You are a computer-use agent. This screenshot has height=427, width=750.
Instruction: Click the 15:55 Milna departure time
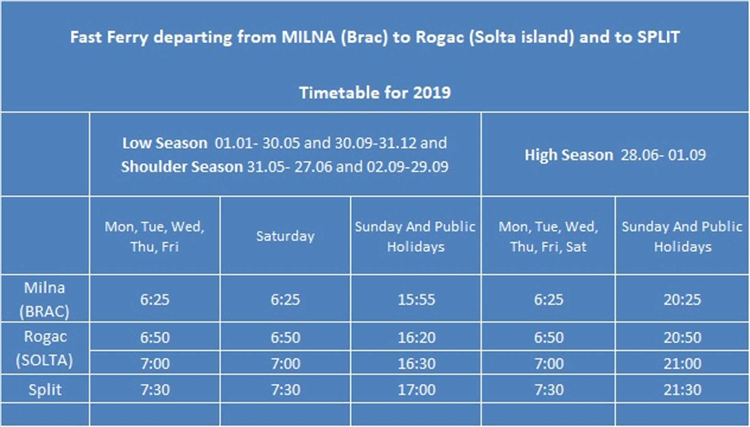pyautogui.click(x=416, y=300)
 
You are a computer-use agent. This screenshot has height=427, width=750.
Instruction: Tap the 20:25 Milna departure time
pyautogui.click(x=682, y=300)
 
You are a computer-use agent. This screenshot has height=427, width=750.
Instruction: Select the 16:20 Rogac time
pyautogui.click(x=416, y=337)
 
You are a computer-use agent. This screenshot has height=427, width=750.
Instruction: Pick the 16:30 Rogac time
pyautogui.click(x=416, y=364)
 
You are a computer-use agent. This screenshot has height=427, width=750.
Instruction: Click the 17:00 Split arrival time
pyautogui.click(x=416, y=390)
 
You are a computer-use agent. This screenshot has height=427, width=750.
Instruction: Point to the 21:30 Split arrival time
pyautogui.click(x=682, y=390)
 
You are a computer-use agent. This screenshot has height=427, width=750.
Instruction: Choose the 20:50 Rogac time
pyautogui.click(x=682, y=337)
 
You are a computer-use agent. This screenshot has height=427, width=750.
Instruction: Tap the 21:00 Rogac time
pyautogui.click(x=682, y=364)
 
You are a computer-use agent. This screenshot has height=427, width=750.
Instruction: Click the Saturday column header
pyautogui.click(x=285, y=236)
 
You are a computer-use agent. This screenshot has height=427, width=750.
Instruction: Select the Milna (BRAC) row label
pyautogui.click(x=45, y=299)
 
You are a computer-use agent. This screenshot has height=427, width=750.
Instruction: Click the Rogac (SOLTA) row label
pyautogui.click(x=45, y=348)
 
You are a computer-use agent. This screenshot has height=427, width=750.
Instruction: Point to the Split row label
pyautogui.click(x=45, y=390)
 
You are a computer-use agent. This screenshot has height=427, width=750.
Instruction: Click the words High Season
pyautogui.click(x=569, y=155)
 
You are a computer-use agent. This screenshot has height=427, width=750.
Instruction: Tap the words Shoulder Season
pyautogui.click(x=182, y=167)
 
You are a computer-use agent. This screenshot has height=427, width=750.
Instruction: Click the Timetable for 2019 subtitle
pyautogui.click(x=375, y=93)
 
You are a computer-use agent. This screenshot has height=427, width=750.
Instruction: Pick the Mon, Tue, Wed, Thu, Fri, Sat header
pyautogui.click(x=548, y=236)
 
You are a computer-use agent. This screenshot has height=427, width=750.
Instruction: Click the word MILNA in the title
pyautogui.click(x=308, y=37)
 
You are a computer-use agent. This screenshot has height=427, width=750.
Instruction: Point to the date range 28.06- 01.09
pyautogui.click(x=663, y=155)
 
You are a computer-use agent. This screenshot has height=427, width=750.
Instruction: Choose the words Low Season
pyautogui.click(x=165, y=143)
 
